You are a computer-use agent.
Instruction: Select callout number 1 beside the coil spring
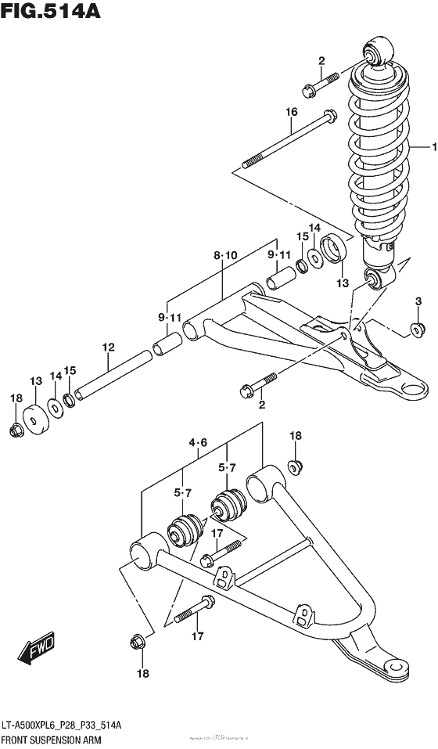[427, 146]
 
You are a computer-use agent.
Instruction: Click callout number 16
[291, 113]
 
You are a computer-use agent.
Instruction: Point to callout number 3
[418, 301]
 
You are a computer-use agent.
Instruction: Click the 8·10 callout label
[224, 255]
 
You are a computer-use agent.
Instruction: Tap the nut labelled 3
[417, 329]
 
